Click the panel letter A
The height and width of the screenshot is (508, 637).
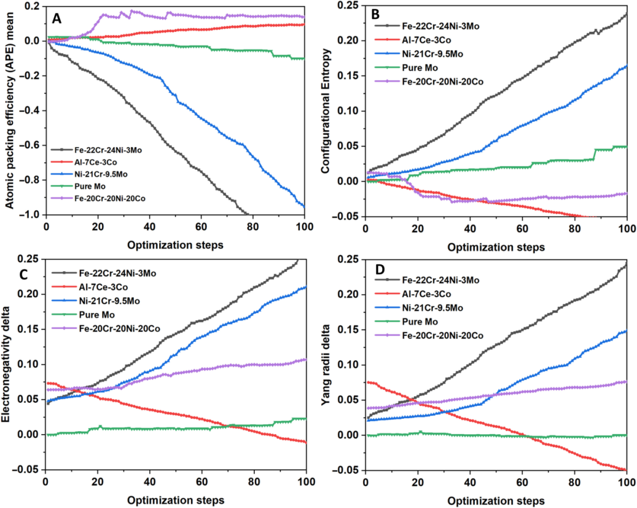(57, 19)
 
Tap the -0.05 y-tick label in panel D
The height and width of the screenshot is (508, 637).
(348, 470)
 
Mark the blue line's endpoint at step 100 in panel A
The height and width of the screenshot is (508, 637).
(304, 206)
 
